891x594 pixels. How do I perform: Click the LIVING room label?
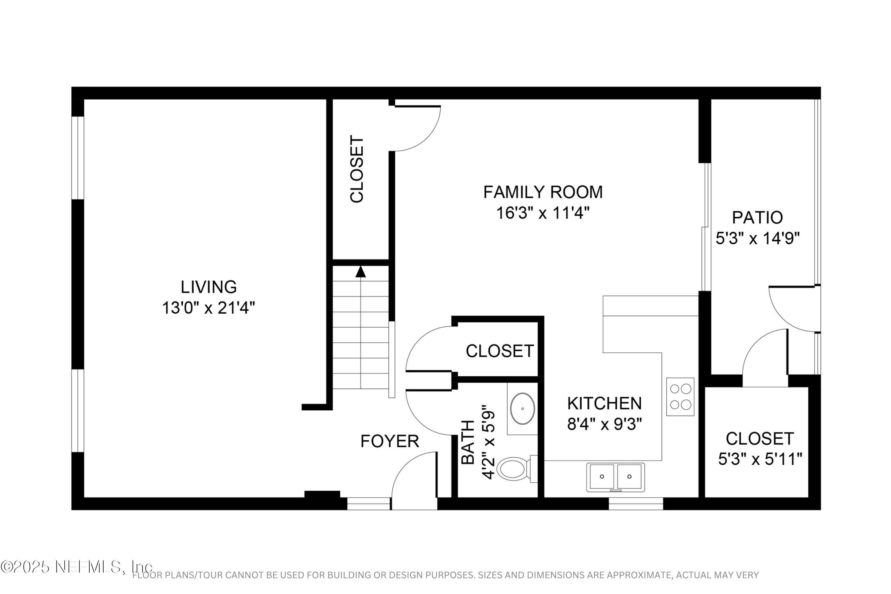tap(208, 287)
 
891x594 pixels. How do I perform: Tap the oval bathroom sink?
tap(522, 409)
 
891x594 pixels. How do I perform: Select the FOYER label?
tap(389, 441)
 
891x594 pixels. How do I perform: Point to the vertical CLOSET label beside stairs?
tap(357, 169)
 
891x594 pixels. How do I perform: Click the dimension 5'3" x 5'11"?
tap(760, 460)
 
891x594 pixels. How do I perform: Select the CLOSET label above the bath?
tap(499, 351)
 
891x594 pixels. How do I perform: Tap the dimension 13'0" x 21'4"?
tap(208, 308)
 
